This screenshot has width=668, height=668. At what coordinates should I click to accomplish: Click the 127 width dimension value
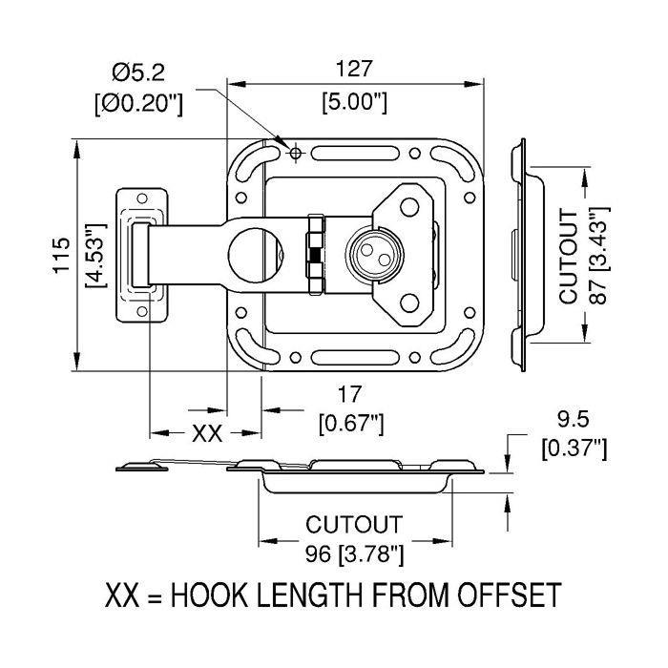pos(353,69)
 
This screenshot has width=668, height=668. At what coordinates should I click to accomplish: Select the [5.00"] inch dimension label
pos(353,101)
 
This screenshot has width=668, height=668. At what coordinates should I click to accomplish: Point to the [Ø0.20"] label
pos(138,103)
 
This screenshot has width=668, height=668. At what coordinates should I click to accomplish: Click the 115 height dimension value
pos(63,256)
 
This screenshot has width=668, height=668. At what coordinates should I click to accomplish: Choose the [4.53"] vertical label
pos(95,256)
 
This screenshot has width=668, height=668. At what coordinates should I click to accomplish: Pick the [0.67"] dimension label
pos(350,424)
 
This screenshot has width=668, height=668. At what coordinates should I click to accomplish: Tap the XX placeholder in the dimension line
pos(207,434)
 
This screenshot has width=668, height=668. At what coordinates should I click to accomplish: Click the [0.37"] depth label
pos(573,448)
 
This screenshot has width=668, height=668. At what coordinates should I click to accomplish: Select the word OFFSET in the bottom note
pos(498,597)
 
